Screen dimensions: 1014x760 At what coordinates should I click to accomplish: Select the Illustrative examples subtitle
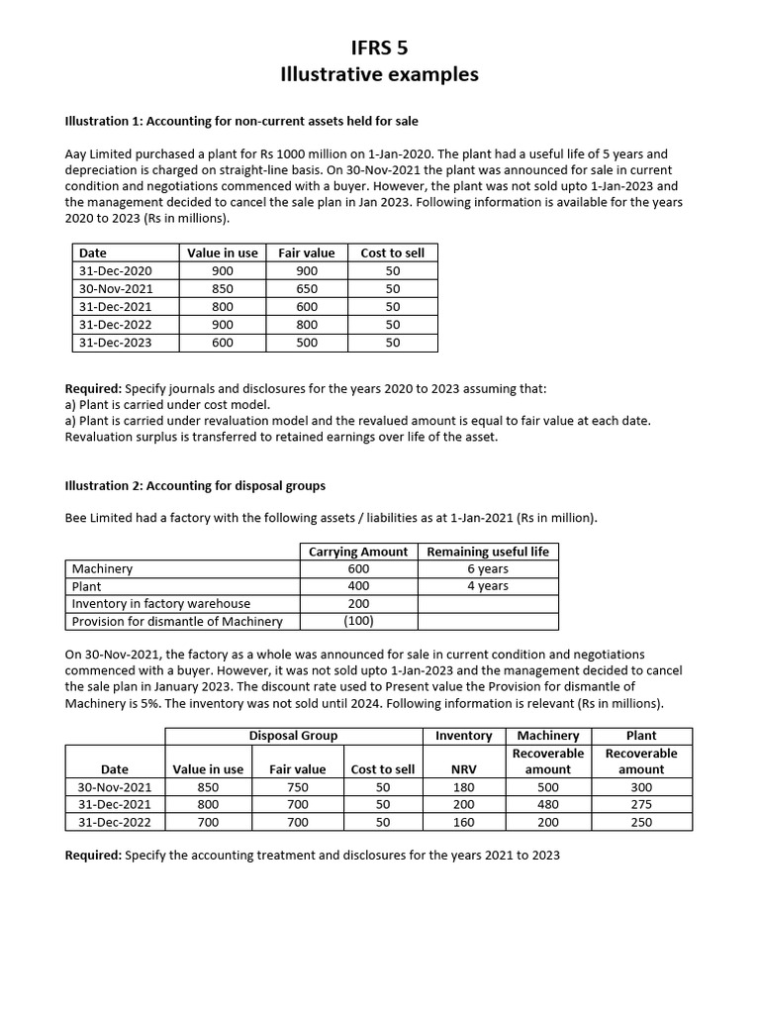380,74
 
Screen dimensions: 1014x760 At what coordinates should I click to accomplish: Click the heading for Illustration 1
241,121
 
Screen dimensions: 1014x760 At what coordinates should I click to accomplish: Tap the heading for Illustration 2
195,485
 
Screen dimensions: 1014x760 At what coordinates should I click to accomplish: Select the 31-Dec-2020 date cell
116,270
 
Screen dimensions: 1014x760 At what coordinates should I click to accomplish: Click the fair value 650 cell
307,288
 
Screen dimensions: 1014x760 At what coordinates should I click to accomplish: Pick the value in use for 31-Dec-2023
223,343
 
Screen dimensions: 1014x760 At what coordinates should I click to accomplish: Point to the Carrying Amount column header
358,552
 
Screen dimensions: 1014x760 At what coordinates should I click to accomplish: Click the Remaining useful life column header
488,552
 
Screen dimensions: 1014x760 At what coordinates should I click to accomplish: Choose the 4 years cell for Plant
488,586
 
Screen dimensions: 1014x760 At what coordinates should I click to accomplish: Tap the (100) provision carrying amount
358,621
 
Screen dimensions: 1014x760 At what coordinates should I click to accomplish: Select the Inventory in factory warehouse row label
160,603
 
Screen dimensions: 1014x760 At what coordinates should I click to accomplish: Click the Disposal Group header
293,736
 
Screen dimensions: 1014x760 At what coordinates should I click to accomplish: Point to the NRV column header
463,769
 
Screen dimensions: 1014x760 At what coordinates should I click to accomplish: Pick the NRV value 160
463,822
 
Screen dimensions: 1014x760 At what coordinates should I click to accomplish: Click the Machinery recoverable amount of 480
547,804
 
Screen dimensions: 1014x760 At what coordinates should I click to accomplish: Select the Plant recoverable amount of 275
641,804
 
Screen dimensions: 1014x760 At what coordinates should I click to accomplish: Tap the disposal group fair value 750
297,787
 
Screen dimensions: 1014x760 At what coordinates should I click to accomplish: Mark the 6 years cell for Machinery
488,568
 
